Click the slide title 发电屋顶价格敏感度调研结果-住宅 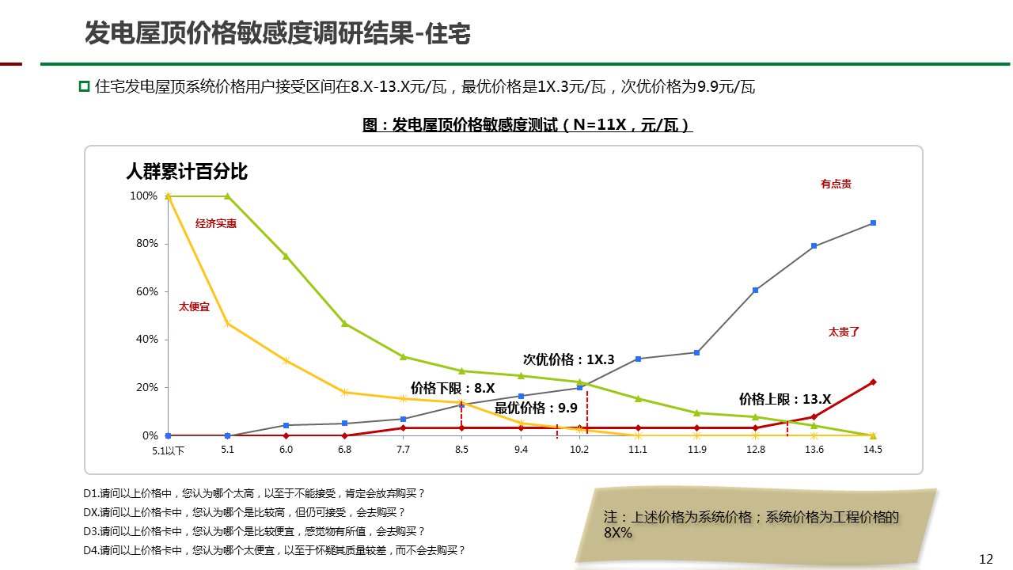[x=278, y=33]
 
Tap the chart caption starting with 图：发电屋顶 [x=527, y=125]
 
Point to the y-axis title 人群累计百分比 [x=187, y=171]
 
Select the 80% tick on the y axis [x=147, y=244]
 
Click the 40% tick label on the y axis [x=147, y=340]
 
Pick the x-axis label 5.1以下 [x=169, y=450]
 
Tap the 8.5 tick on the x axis [x=462, y=450]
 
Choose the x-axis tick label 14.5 [x=873, y=450]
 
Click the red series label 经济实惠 [x=216, y=224]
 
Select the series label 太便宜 [x=195, y=306]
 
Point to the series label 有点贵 [x=836, y=184]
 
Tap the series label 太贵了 [x=844, y=332]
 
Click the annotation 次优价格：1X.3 [x=569, y=359]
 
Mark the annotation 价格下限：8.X [x=453, y=388]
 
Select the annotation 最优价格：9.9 [x=536, y=408]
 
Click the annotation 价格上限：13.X [x=785, y=399]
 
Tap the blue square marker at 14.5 [x=873, y=223]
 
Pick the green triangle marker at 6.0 [x=286, y=256]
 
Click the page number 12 [x=986, y=559]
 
